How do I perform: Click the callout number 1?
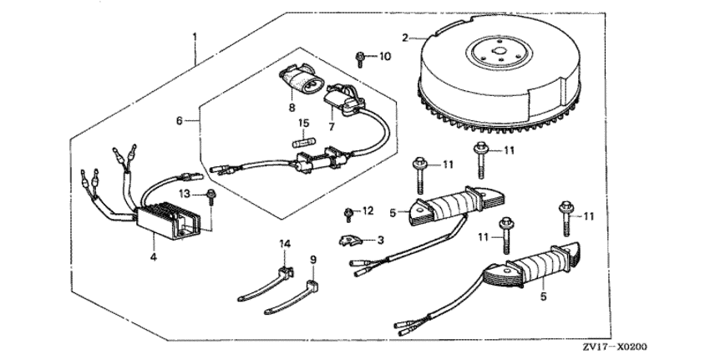click(195, 37)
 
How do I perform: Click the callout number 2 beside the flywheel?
click(405, 38)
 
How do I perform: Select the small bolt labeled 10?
click(358, 58)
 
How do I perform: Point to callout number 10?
click(384, 57)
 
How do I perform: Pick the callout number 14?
click(284, 243)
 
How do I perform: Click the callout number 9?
click(314, 261)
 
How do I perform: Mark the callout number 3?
click(381, 240)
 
